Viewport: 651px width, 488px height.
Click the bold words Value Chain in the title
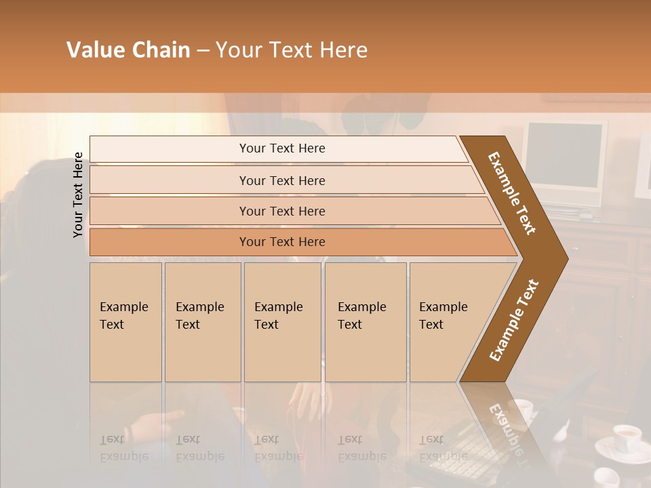click(x=128, y=50)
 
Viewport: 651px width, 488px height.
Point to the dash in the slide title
click(x=203, y=51)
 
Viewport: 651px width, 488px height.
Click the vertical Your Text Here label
click(x=79, y=195)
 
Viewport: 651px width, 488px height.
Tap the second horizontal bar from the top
click(x=282, y=180)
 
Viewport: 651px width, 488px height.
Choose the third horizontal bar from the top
click(x=282, y=211)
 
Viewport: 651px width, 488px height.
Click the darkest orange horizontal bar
click(x=282, y=242)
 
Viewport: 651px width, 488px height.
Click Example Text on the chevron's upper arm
click(x=512, y=193)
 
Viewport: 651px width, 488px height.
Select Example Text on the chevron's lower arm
click(x=514, y=320)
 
